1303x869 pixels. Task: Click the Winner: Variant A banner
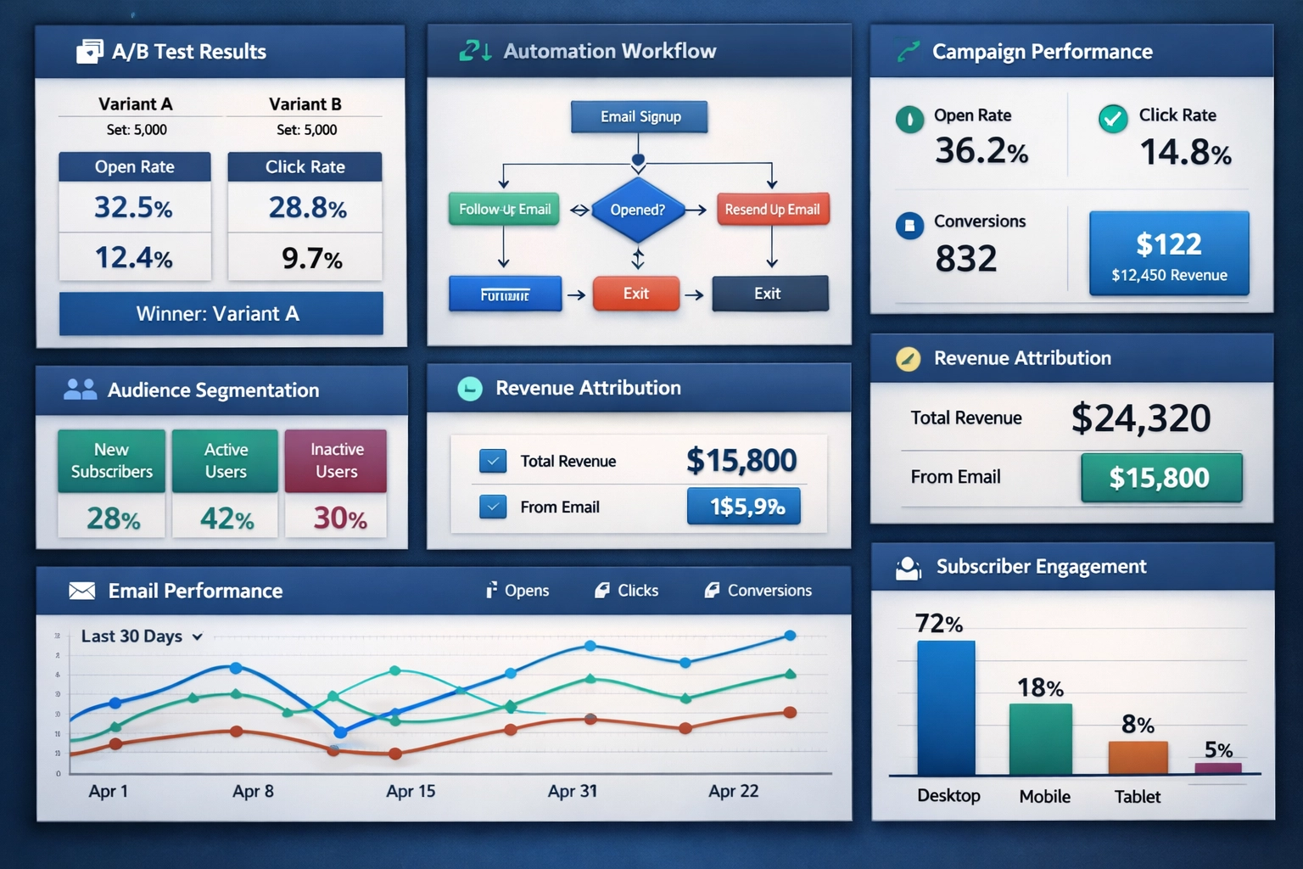coord(221,314)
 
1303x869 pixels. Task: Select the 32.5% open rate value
coord(134,208)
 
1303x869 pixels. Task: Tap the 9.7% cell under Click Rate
coord(310,258)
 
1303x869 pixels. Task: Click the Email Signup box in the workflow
coord(640,117)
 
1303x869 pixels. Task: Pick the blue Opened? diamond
coord(637,210)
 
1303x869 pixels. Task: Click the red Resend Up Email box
coord(772,210)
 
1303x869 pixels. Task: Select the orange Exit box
coord(636,294)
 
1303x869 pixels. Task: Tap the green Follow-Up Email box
coord(504,210)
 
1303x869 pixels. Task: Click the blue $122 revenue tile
coord(1169,254)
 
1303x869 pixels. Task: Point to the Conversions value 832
coord(965,259)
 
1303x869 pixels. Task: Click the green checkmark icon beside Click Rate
coord(1113,118)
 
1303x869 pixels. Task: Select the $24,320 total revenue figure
coord(1141,418)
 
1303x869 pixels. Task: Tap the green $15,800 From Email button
coord(1160,478)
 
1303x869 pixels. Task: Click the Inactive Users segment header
coord(336,461)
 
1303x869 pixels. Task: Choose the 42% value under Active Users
coord(226,519)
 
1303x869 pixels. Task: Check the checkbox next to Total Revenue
coord(493,461)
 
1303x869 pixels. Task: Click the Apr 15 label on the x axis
coord(411,791)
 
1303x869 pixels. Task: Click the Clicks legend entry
coord(627,591)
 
